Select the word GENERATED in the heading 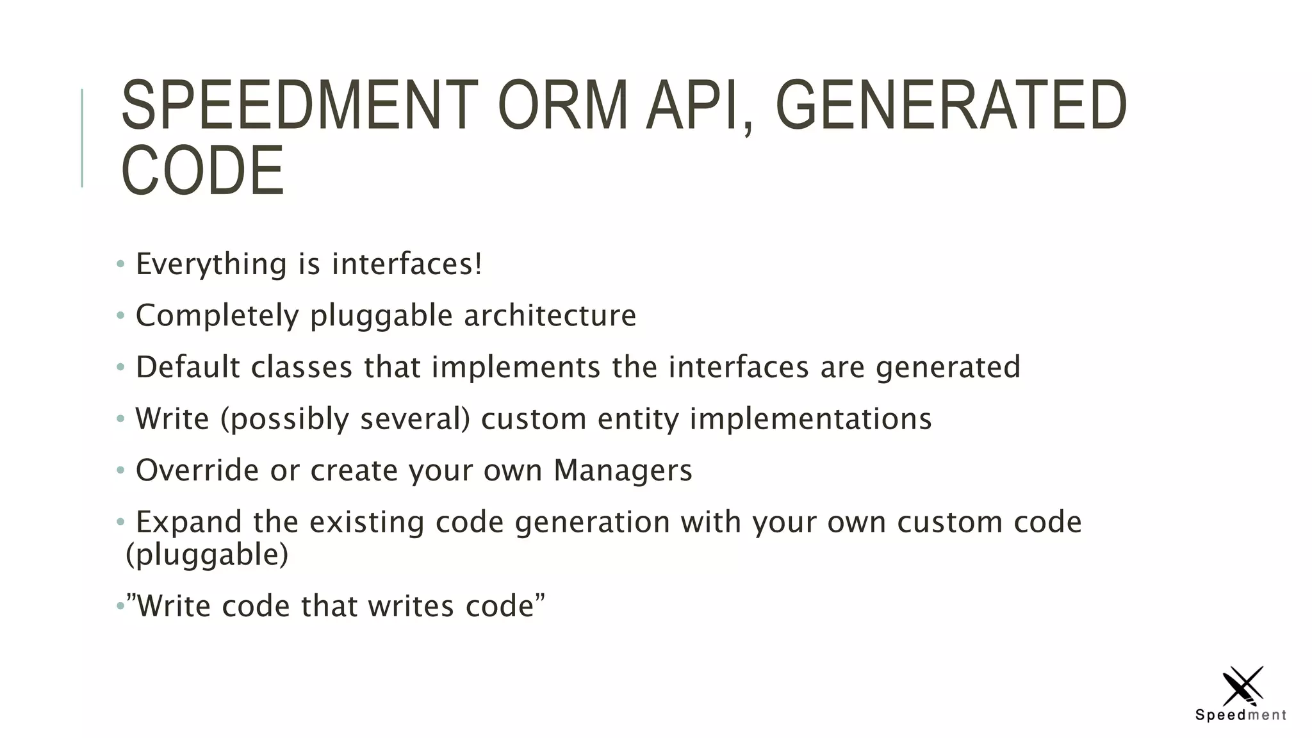pyautogui.click(x=951, y=106)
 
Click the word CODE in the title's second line pyautogui.click(x=202, y=171)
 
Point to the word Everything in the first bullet pyautogui.click(x=211, y=265)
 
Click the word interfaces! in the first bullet pyautogui.click(x=407, y=264)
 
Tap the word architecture pyautogui.click(x=550, y=315)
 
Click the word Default pyautogui.click(x=188, y=367)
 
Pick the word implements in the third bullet pyautogui.click(x=516, y=368)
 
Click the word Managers pyautogui.click(x=623, y=471)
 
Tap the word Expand pyautogui.click(x=189, y=522)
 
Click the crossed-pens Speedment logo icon pyautogui.click(x=1242, y=685)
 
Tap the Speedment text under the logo pyautogui.click(x=1241, y=715)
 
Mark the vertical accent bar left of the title pyautogui.click(x=82, y=138)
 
